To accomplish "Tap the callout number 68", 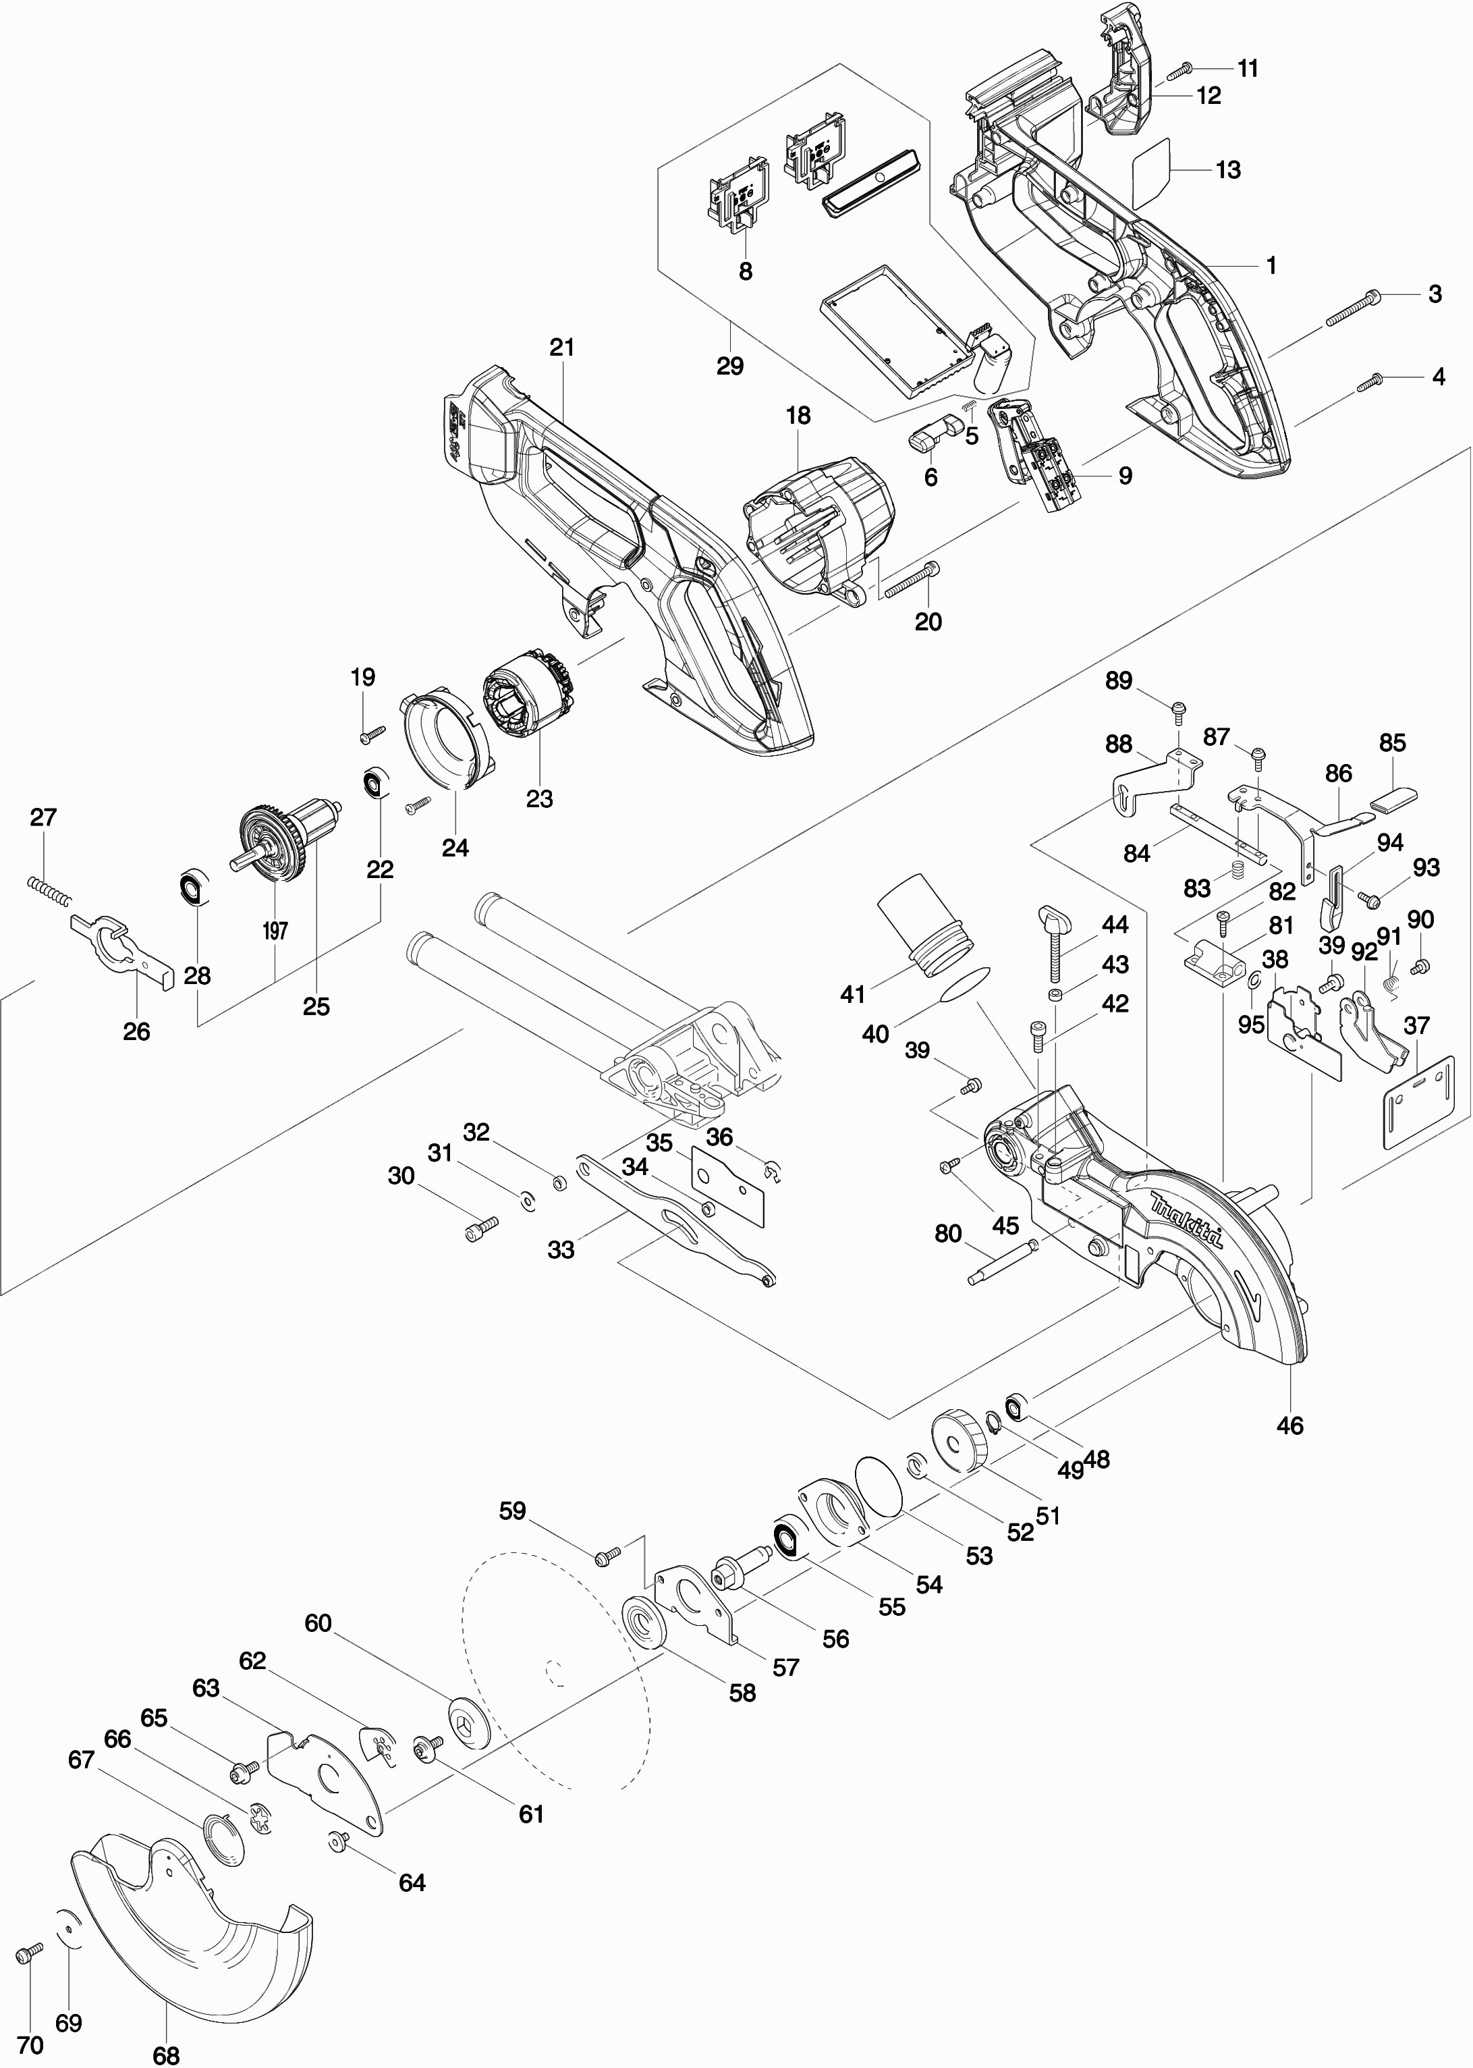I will (166, 2055).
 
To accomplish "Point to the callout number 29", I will (730, 366).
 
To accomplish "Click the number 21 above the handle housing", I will (562, 348).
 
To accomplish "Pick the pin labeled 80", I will (1002, 1261).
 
